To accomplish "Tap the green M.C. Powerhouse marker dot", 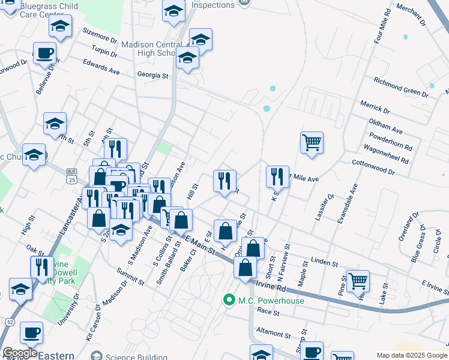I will (228, 299).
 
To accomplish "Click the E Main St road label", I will (199, 245).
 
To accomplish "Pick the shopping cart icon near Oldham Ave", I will (312, 143).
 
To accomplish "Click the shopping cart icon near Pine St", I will (358, 280).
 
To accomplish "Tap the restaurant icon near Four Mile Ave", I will (277, 176).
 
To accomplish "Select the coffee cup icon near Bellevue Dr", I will (44, 53).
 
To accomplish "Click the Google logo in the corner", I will (19, 353).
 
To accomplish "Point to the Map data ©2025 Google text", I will (412, 355).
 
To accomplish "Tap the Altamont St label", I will (273, 331).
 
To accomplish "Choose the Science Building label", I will (128, 356).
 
